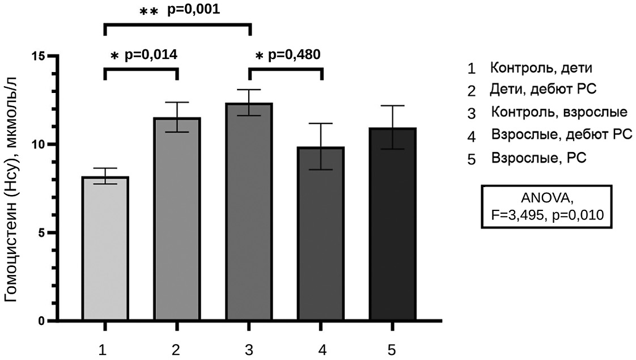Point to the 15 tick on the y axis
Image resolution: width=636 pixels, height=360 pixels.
coord(39,56)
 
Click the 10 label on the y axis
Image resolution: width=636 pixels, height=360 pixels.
coord(39,145)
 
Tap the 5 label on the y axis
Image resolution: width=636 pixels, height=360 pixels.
coord(43,233)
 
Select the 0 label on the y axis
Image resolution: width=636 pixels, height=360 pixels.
coord(43,321)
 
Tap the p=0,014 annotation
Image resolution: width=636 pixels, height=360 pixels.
coord(150,55)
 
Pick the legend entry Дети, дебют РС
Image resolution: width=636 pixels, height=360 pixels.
coord(541,90)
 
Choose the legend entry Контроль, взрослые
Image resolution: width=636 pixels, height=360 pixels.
coord(558,112)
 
